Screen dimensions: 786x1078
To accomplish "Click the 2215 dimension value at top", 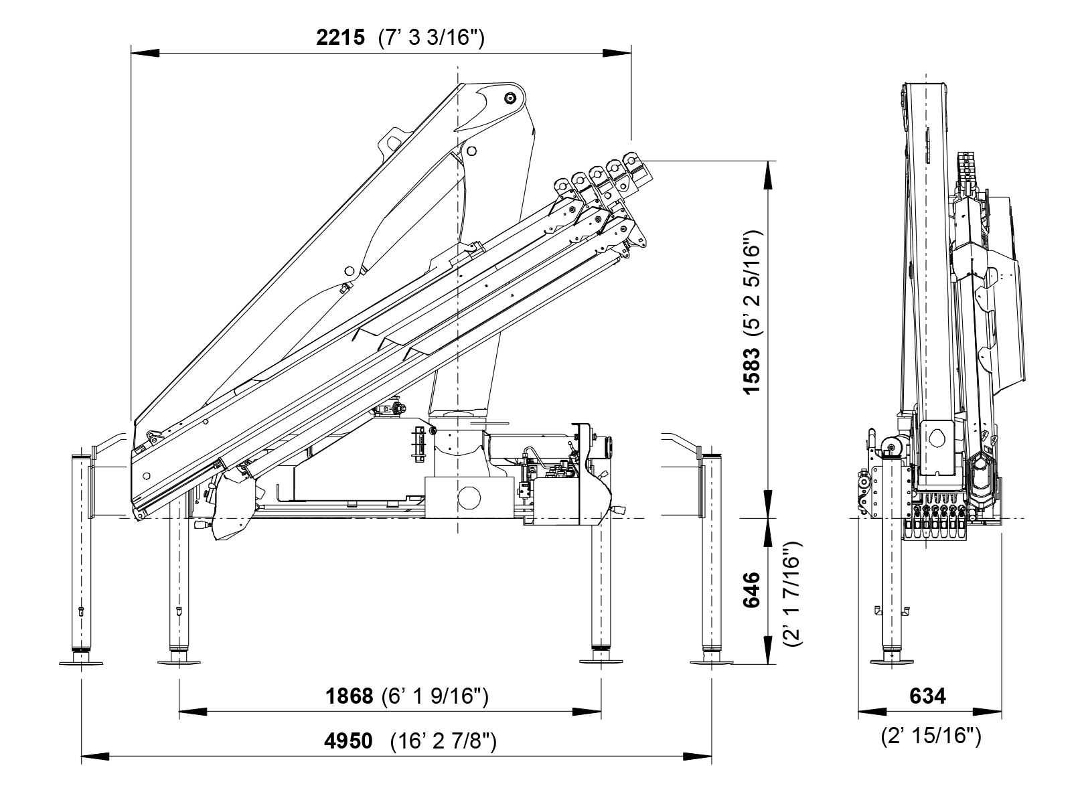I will pos(340,37).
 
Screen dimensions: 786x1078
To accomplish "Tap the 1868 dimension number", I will pos(349,696).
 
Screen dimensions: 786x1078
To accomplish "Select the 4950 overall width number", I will pos(348,742).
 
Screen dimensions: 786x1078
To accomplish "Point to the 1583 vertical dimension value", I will pos(754,370).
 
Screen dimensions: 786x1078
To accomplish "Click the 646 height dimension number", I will pos(754,589).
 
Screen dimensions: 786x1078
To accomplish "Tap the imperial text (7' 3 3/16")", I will pos(431,37).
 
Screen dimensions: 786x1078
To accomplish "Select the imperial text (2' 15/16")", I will pos(931,736).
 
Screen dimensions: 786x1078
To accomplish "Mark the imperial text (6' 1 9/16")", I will pos(435,696).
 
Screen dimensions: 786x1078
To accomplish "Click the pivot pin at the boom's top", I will pos(511,98).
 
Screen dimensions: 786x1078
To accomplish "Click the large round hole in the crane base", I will pos(469,498).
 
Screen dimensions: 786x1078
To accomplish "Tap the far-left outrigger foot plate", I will pos(81,663).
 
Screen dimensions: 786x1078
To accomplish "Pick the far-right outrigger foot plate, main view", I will pos(712,663).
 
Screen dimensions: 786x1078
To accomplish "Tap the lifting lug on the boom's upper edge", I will pos(390,143).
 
